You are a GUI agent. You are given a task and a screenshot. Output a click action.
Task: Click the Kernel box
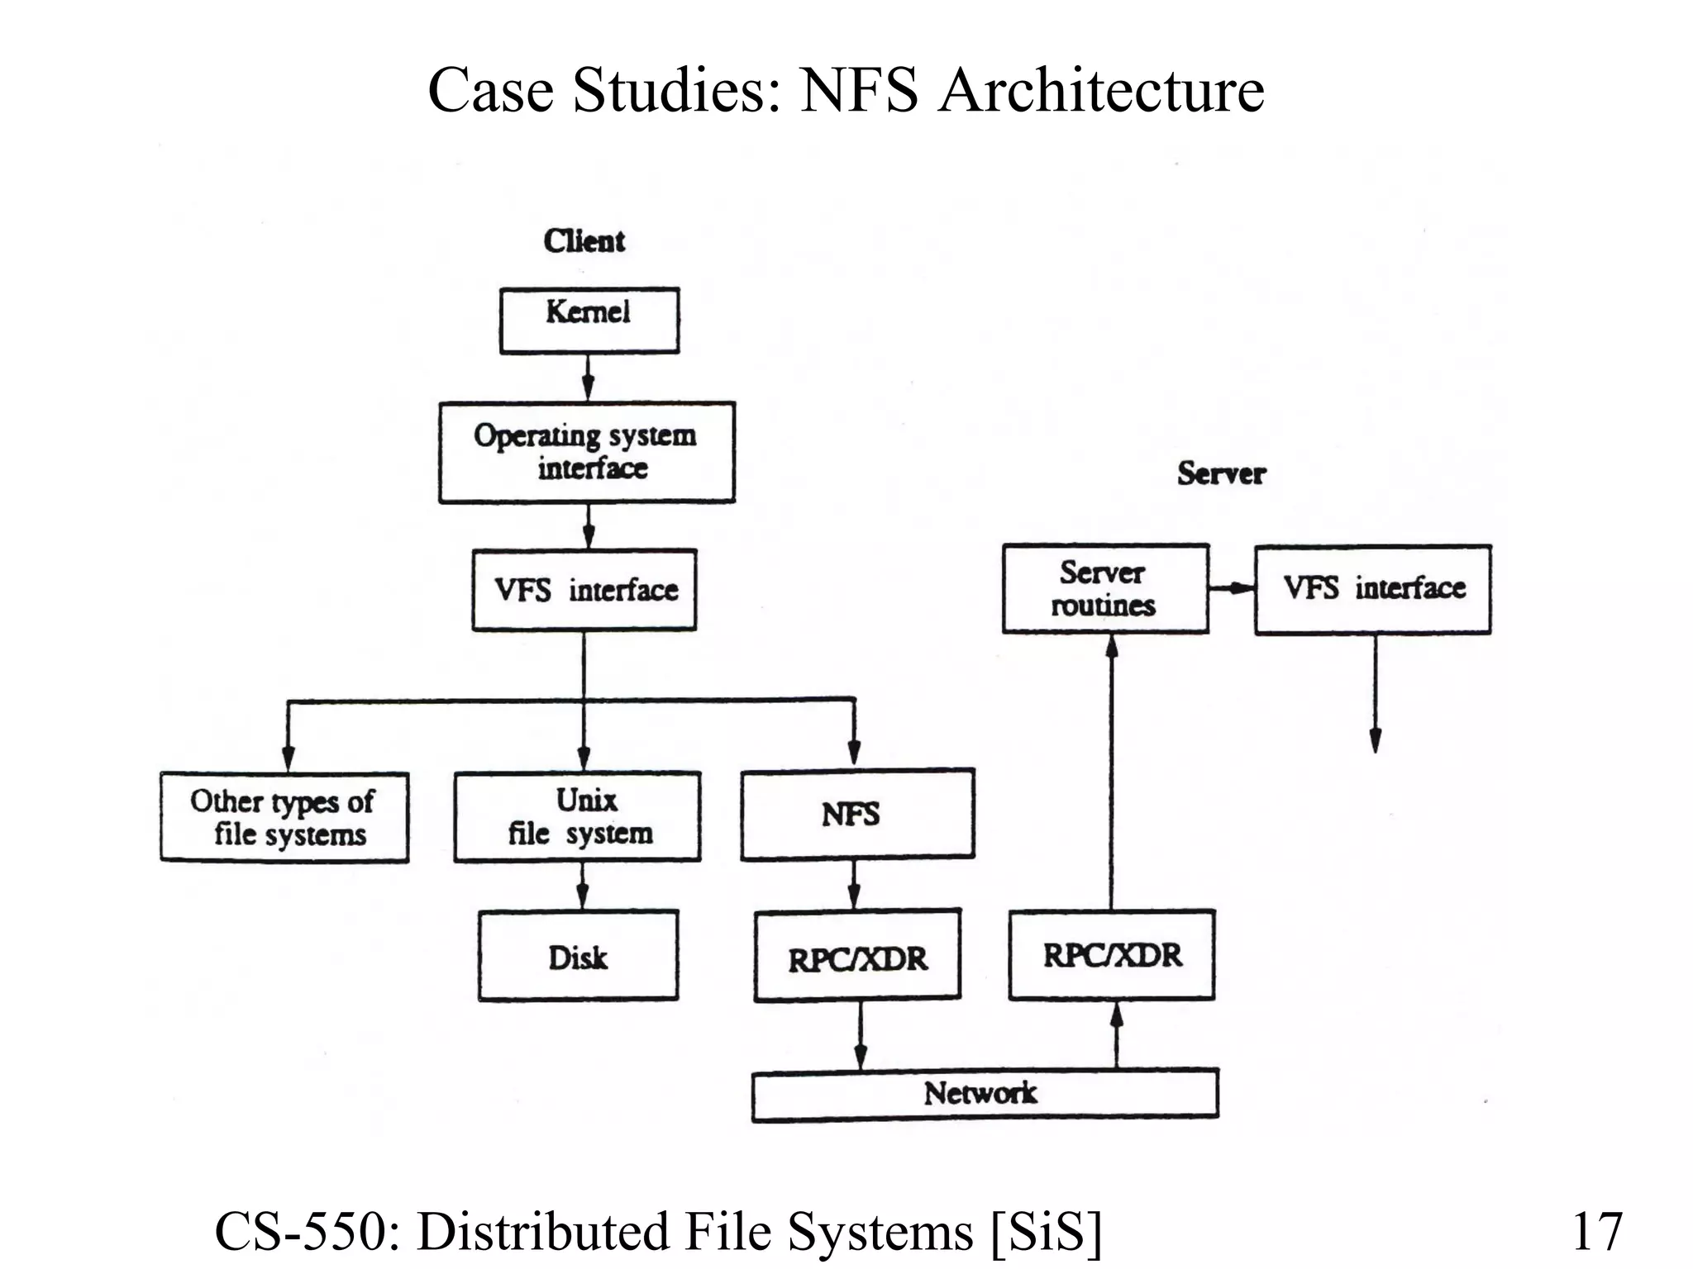589,321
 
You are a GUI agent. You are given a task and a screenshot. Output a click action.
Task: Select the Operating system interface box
586,452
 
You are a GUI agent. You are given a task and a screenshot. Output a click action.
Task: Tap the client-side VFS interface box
584,590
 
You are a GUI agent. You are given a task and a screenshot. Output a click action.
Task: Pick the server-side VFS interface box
1372,589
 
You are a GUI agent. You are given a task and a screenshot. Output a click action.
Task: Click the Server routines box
1105,589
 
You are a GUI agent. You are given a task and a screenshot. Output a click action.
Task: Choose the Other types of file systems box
284,817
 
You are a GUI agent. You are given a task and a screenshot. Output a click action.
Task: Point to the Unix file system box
577,817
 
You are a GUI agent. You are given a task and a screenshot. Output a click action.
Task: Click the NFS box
857,815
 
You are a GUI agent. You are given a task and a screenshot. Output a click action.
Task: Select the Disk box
578,956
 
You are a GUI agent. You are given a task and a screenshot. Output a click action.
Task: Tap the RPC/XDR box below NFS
857,956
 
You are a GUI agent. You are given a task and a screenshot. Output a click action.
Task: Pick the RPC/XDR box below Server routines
1111,955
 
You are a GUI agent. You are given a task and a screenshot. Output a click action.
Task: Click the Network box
984,1094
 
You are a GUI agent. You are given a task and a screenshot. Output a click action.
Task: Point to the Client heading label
584,241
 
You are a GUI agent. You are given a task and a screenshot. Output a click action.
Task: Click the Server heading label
1221,473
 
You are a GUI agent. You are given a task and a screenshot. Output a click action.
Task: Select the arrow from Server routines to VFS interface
1232,588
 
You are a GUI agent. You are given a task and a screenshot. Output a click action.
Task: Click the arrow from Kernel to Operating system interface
588,378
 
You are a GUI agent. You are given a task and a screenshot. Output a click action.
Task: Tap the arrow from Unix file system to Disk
582,886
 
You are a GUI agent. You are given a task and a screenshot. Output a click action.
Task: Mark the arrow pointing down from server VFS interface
1375,694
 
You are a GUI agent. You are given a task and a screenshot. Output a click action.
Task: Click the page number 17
1596,1231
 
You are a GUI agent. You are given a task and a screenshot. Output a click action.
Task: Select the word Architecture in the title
1101,90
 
